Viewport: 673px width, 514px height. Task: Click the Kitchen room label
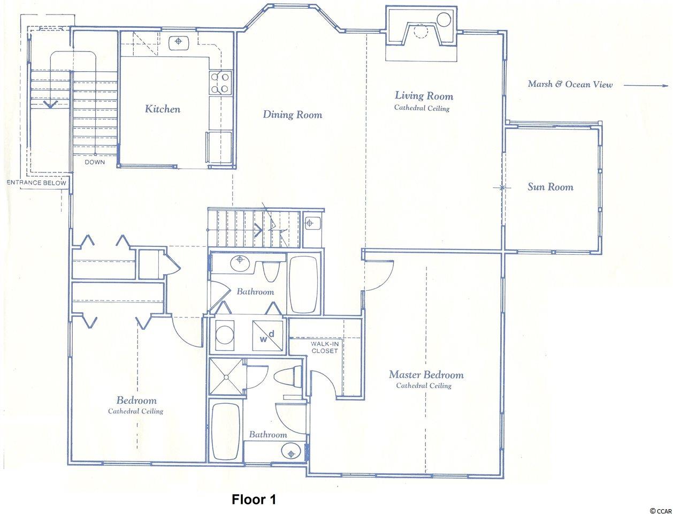[x=163, y=109]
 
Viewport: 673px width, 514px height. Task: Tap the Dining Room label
[x=293, y=115]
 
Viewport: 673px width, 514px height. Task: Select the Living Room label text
[x=424, y=96]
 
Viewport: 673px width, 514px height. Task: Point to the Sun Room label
[x=550, y=187]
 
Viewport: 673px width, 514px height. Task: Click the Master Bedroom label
[x=426, y=375]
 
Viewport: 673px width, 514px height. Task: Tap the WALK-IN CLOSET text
[x=325, y=347]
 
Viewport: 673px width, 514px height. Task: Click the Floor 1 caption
[x=254, y=499]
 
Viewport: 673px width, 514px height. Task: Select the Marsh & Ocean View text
[x=570, y=84]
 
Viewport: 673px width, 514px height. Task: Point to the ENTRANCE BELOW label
[x=36, y=183]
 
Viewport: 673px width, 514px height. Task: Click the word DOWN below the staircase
[x=95, y=162]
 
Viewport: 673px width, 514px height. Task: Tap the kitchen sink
[x=179, y=43]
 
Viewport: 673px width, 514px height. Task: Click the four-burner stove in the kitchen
[x=220, y=82]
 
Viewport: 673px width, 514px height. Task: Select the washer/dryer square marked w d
[x=267, y=336]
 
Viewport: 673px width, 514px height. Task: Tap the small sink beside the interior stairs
[x=312, y=223]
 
